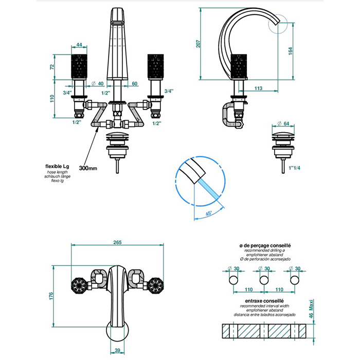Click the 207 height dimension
199,44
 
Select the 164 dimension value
291,51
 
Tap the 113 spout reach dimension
259,88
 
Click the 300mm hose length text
88,168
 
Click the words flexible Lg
57,167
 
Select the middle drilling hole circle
263,279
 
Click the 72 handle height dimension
51,67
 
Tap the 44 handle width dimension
80,45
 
